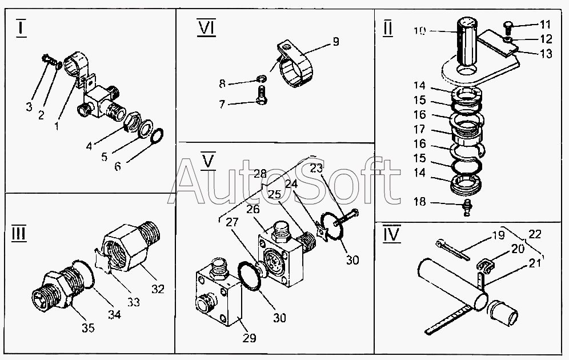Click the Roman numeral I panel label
21,27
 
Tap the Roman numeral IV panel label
392,234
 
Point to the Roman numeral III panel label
19,234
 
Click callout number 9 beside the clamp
335,41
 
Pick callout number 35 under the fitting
88,328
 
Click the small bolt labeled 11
507,25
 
